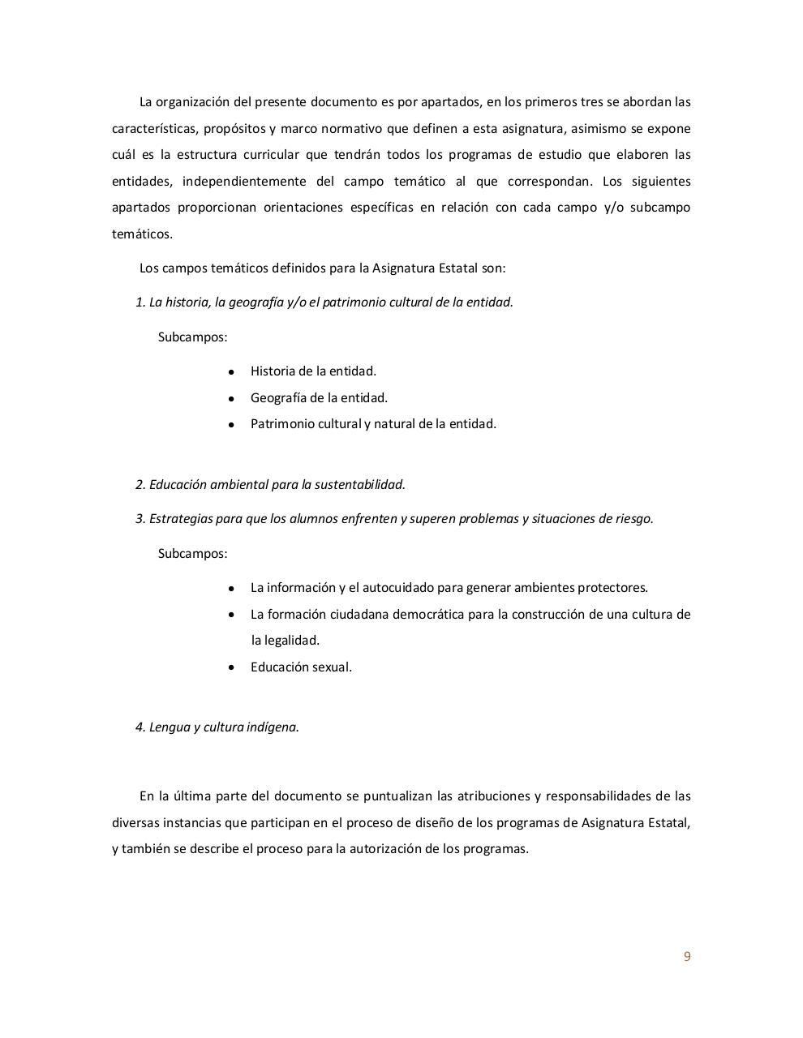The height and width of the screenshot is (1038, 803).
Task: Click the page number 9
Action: tap(687, 956)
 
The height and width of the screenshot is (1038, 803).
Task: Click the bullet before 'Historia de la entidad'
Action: tap(232, 372)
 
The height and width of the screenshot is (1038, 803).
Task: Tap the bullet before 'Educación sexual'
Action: tap(232, 667)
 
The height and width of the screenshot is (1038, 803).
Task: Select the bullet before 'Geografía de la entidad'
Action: tap(232, 399)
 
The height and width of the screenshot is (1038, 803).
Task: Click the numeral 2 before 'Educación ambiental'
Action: tap(140, 485)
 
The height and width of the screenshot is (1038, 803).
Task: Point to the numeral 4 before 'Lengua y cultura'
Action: tap(140, 727)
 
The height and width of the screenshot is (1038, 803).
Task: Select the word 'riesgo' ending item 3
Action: tap(634, 519)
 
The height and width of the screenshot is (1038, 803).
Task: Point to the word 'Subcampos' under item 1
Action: tap(192, 337)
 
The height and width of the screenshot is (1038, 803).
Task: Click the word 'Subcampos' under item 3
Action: tap(192, 554)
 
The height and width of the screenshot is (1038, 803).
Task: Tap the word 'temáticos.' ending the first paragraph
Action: tap(142, 234)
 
